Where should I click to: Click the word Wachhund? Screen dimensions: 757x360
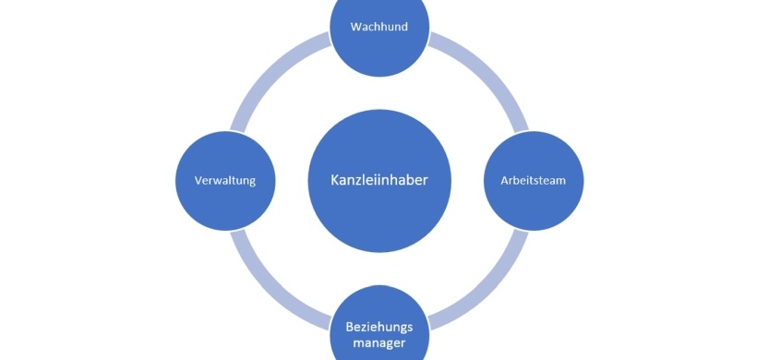[378, 27]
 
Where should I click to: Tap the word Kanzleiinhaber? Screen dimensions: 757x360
[378, 180]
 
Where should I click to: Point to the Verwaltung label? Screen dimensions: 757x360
[225, 180]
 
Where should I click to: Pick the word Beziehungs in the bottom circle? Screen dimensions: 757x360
[378, 328]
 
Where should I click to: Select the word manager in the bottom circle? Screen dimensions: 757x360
[378, 345]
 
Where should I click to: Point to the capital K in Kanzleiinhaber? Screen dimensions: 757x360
[335, 180]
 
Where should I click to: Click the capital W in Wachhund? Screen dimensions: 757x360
[355, 27]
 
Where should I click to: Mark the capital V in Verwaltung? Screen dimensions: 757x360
[199, 180]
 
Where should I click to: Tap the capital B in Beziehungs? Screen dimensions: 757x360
[349, 328]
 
